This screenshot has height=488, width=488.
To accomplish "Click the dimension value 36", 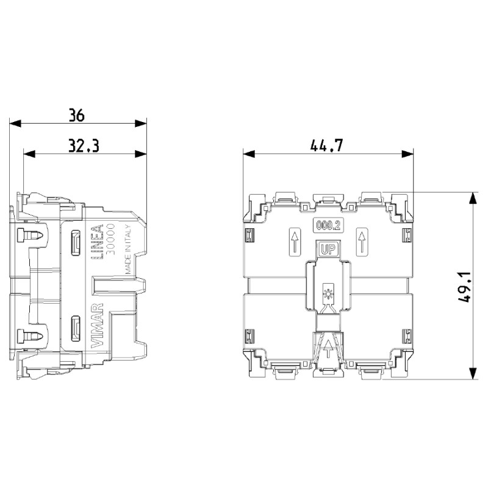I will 76,115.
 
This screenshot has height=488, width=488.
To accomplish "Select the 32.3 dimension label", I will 84,146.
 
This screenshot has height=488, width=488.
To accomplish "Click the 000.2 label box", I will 328,225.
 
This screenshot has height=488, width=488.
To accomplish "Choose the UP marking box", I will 328,249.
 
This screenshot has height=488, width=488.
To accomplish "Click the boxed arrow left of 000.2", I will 294,242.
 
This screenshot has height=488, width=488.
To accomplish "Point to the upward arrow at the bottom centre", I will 328,348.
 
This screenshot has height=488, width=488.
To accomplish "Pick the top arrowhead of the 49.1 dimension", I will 473,197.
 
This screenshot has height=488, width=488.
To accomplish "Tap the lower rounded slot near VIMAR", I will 76,328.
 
